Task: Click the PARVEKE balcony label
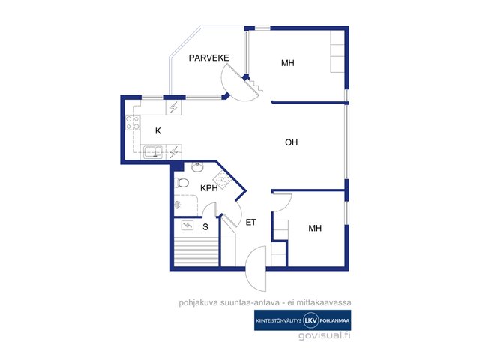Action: click(208, 58)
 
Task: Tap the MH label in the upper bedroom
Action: click(288, 63)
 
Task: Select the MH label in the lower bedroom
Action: click(315, 228)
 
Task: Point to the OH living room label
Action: click(292, 142)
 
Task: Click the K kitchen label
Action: click(158, 131)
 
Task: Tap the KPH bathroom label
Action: click(209, 188)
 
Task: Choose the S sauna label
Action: click(205, 227)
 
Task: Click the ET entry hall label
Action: click(250, 223)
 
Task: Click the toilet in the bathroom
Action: click(181, 183)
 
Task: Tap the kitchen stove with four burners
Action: click(133, 123)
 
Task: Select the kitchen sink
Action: click(153, 151)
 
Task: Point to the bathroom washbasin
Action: click(197, 167)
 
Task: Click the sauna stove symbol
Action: click(187, 226)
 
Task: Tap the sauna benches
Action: click(196, 253)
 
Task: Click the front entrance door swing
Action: click(256, 269)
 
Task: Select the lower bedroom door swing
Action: click(282, 202)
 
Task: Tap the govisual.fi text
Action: click(325, 335)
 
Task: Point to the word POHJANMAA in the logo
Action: click(334, 320)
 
